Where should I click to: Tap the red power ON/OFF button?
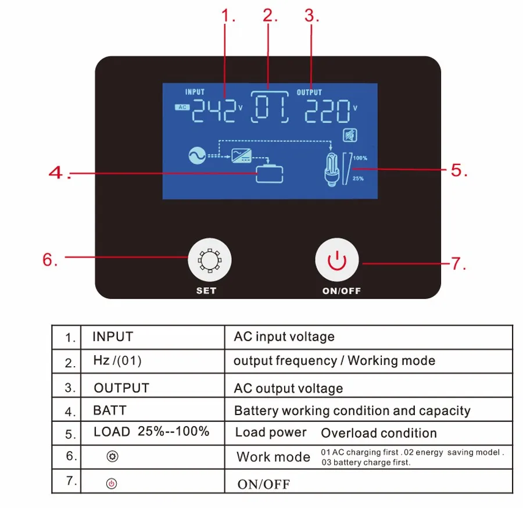click(x=337, y=262)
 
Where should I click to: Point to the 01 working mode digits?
click(x=268, y=108)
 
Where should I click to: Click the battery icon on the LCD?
click(x=270, y=173)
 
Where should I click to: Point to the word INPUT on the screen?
click(x=195, y=92)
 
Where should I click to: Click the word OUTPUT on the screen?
click(x=309, y=92)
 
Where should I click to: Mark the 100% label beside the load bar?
click(x=360, y=158)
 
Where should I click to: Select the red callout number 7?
click(x=459, y=263)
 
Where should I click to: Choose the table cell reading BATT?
click(x=110, y=410)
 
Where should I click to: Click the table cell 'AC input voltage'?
click(x=284, y=337)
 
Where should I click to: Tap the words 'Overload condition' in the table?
click(x=379, y=433)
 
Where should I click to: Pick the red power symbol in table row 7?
click(x=112, y=483)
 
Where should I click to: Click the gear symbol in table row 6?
click(x=113, y=457)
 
